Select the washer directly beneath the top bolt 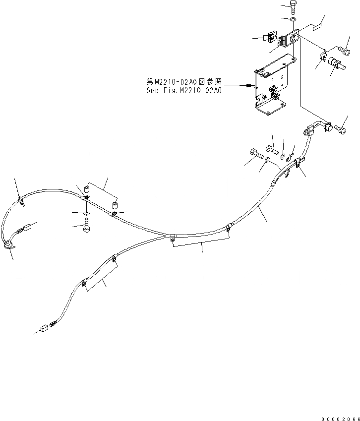293,20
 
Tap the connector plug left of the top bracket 271,37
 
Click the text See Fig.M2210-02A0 183,91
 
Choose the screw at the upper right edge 343,50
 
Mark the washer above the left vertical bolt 87,213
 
